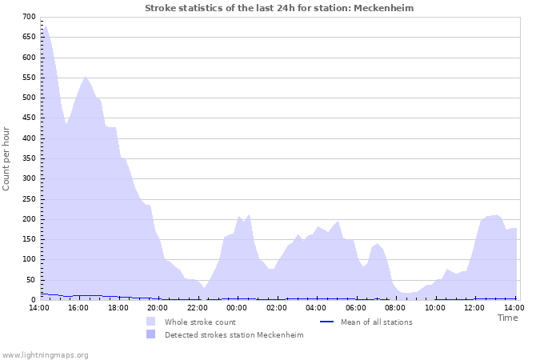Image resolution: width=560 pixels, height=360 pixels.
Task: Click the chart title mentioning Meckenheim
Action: pyautogui.click(x=279, y=8)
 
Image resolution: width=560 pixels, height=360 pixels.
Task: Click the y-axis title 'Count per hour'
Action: pyautogui.click(x=7, y=158)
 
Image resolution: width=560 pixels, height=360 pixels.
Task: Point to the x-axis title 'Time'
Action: pyautogui.click(x=507, y=318)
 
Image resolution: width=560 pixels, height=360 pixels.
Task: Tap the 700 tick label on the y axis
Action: pyautogui.click(x=29, y=17)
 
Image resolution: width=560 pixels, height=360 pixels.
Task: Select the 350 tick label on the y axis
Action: pyautogui.click(x=29, y=158)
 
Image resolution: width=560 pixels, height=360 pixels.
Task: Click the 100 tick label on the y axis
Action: pyautogui.click(x=29, y=259)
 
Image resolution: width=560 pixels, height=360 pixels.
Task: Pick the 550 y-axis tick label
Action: pyautogui.click(x=29, y=78)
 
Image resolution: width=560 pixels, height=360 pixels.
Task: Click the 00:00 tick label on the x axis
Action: pyautogui.click(x=237, y=307)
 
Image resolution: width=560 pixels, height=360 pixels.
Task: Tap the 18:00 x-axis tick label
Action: pyautogui.click(x=118, y=307)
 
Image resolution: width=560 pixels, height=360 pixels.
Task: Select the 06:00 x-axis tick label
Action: pyautogui.click(x=356, y=307)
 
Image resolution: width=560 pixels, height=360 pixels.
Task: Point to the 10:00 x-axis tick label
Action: pyautogui.click(x=435, y=307)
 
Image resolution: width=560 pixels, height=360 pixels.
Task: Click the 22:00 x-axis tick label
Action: pyautogui.click(x=197, y=307)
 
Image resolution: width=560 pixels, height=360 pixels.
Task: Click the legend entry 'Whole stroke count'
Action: pyautogui.click(x=200, y=322)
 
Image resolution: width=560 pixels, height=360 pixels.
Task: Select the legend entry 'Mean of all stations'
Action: pyautogui.click(x=376, y=322)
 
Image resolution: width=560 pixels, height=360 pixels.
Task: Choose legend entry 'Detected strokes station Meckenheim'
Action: pyautogui.click(x=234, y=335)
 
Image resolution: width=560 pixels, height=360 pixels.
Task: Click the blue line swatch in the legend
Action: pyautogui.click(x=326, y=322)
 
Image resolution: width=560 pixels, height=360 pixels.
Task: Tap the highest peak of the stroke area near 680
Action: pyautogui.click(x=45, y=26)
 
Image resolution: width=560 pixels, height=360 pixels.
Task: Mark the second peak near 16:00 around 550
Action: pyautogui.click(x=86, y=77)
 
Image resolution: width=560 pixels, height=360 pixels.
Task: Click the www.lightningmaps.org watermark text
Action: pyautogui.click(x=46, y=354)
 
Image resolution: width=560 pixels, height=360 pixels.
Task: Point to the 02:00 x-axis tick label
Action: pyautogui.click(x=277, y=307)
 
